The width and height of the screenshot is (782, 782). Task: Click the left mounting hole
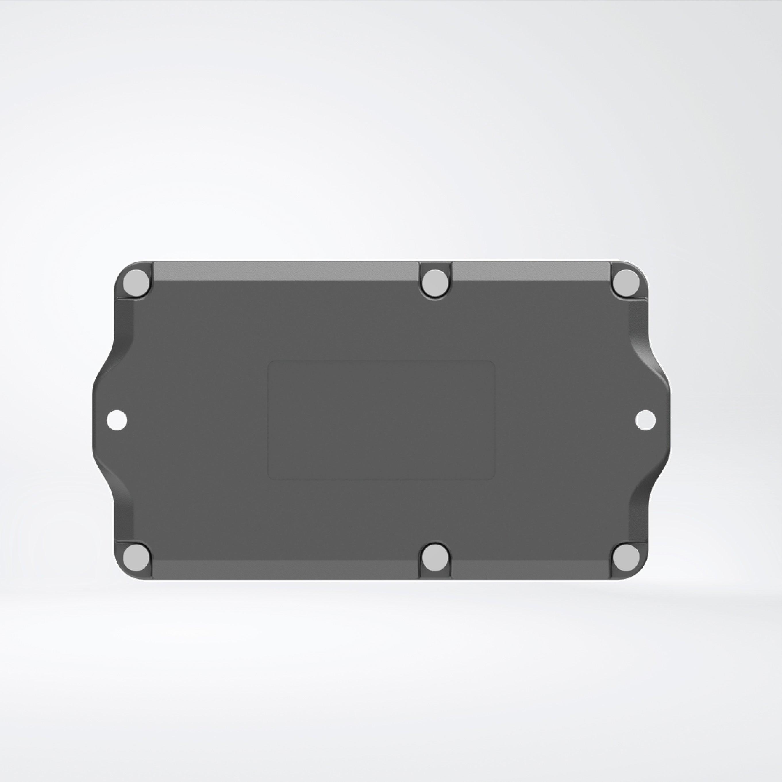pyautogui.click(x=117, y=420)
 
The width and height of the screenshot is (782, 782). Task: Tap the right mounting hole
pyautogui.click(x=645, y=420)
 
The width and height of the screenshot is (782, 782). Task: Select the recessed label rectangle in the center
pyautogui.click(x=381, y=420)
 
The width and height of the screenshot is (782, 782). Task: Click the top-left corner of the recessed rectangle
pyautogui.click(x=270, y=362)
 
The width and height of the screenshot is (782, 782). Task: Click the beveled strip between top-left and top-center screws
pyautogui.click(x=285, y=270)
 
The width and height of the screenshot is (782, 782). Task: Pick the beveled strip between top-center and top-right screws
pyautogui.click(x=530, y=270)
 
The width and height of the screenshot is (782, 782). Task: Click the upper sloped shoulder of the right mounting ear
pyautogui.click(x=644, y=356)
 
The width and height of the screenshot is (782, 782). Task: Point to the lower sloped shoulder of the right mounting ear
pyautogui.click(x=644, y=484)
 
